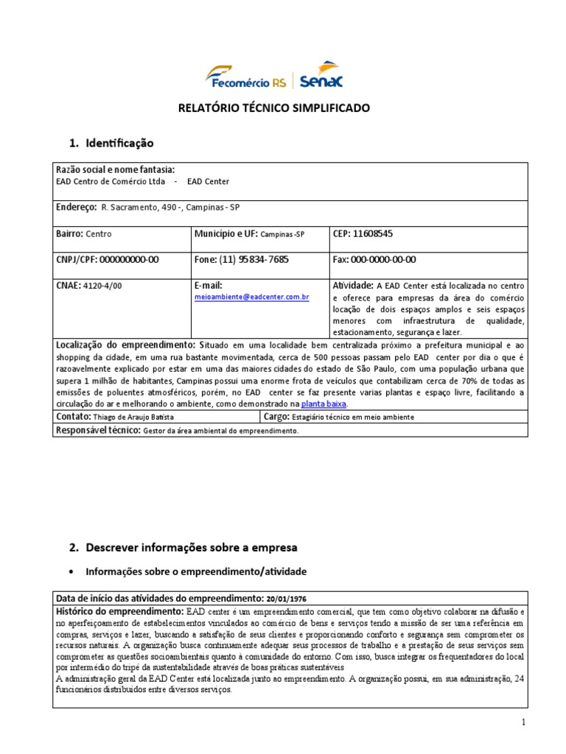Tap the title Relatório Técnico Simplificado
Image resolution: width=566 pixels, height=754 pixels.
pyautogui.click(x=274, y=108)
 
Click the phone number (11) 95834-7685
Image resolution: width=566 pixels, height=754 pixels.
pyautogui.click(x=254, y=259)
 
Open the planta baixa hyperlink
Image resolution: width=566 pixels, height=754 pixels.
pyautogui.click(x=324, y=404)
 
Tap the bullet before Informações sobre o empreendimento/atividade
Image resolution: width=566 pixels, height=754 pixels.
pyautogui.click(x=71, y=571)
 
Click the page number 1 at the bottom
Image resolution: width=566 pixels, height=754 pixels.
pyautogui.click(x=523, y=722)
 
